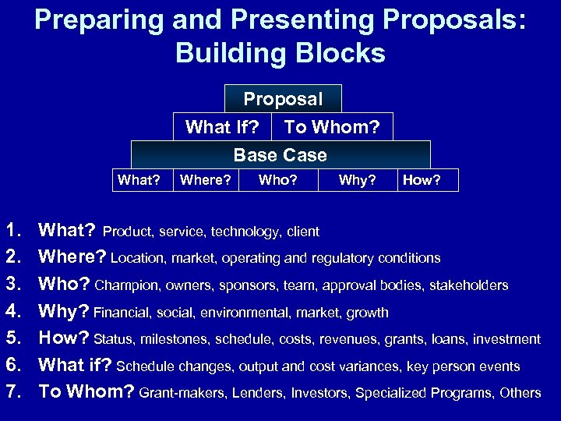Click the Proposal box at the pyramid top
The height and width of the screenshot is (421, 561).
[283, 99]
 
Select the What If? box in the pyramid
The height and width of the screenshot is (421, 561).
[221, 127]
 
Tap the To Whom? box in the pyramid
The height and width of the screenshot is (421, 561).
[331, 127]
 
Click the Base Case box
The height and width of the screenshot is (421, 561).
[280, 154]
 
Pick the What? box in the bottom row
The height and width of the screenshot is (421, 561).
[139, 181]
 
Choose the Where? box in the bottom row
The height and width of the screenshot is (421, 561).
[206, 181]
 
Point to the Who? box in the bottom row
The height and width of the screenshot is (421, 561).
[277, 181]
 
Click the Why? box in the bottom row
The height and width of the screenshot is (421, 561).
[358, 181]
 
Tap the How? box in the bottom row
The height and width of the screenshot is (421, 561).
[427, 181]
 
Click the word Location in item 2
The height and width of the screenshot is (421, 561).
[137, 258]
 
